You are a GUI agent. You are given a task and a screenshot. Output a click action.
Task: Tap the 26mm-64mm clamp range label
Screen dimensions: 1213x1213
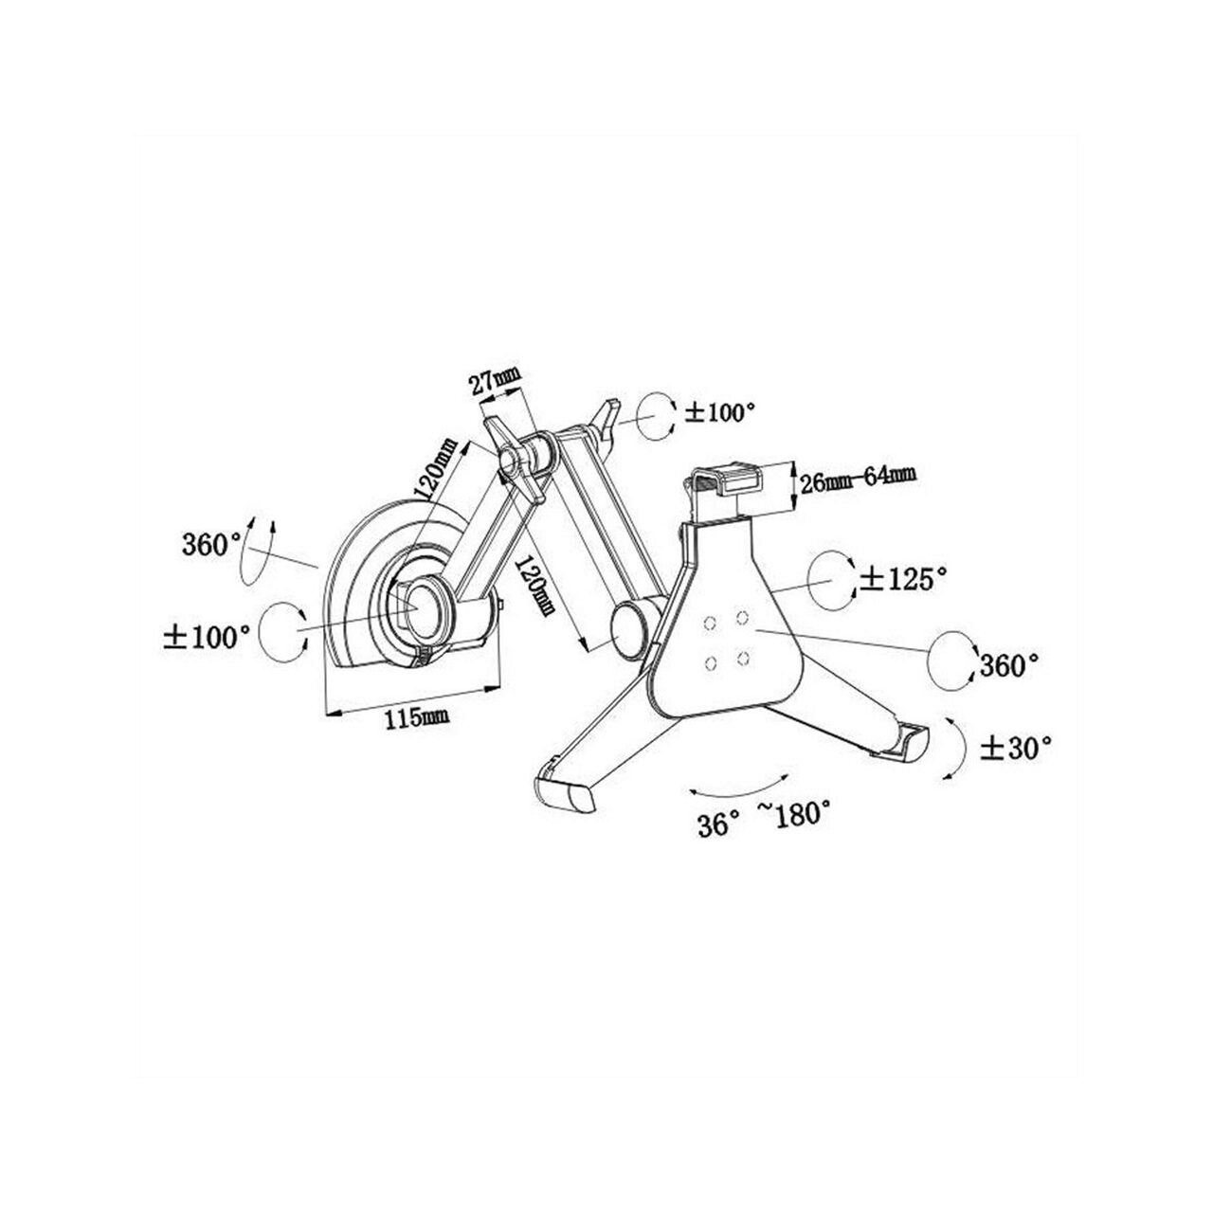click(857, 482)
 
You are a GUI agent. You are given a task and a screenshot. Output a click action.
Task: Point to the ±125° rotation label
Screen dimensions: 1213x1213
click(904, 578)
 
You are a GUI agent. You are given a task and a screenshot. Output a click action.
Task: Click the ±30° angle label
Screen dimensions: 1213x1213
click(1015, 749)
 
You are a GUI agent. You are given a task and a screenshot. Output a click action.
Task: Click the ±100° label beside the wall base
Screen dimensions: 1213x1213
click(208, 637)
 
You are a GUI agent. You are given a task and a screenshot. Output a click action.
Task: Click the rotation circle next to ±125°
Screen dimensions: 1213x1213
click(830, 580)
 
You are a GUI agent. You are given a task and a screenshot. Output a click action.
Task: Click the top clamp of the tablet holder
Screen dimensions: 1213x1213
click(727, 481)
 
